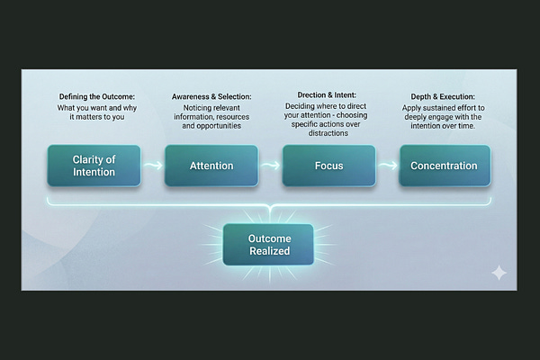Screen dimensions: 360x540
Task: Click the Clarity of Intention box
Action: [94, 166]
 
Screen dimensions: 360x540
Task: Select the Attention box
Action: [211, 166]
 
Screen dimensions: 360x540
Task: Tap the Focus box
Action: [329, 166]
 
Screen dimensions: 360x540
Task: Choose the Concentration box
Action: [445, 166]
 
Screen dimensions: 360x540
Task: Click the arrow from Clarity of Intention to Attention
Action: [152, 166]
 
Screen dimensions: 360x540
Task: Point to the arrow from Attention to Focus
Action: [270, 166]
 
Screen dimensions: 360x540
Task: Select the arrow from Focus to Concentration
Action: [387, 166]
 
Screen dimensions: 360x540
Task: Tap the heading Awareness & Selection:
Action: [212, 96]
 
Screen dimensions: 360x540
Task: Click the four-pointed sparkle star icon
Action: [499, 273]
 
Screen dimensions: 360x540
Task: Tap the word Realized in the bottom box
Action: [269, 251]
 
